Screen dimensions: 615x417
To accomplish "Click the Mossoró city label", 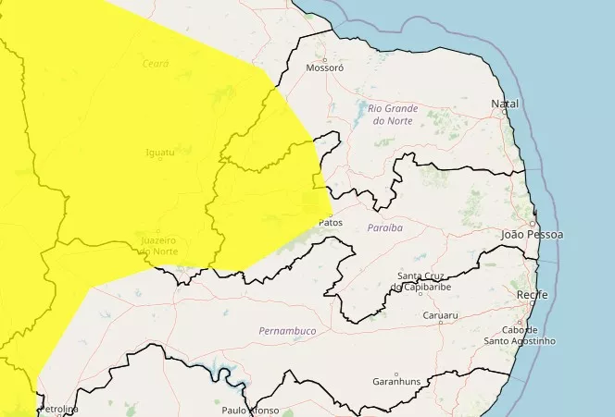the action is tap(324, 68).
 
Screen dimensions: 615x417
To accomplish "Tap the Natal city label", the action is tap(506, 104).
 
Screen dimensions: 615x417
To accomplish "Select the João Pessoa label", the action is tap(532, 235).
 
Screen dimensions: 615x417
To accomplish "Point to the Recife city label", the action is tap(532, 295).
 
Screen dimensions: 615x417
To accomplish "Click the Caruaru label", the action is tap(440, 315).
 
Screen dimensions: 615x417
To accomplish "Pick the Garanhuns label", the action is tap(396, 382).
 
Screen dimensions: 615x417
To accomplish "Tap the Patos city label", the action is tap(330, 223).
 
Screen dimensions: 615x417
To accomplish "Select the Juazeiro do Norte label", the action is tap(158, 246).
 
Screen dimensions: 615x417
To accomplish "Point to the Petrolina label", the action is tap(59, 409).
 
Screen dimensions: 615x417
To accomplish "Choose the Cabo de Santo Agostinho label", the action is tap(520, 336).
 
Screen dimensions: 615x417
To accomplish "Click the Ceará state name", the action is tap(156, 63).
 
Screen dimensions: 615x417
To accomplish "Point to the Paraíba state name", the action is tap(384, 227).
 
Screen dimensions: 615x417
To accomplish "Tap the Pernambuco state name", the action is tap(288, 330).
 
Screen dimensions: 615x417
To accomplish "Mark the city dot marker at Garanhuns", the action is tap(396, 374).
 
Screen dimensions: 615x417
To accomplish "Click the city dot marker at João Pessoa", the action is tap(533, 224).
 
